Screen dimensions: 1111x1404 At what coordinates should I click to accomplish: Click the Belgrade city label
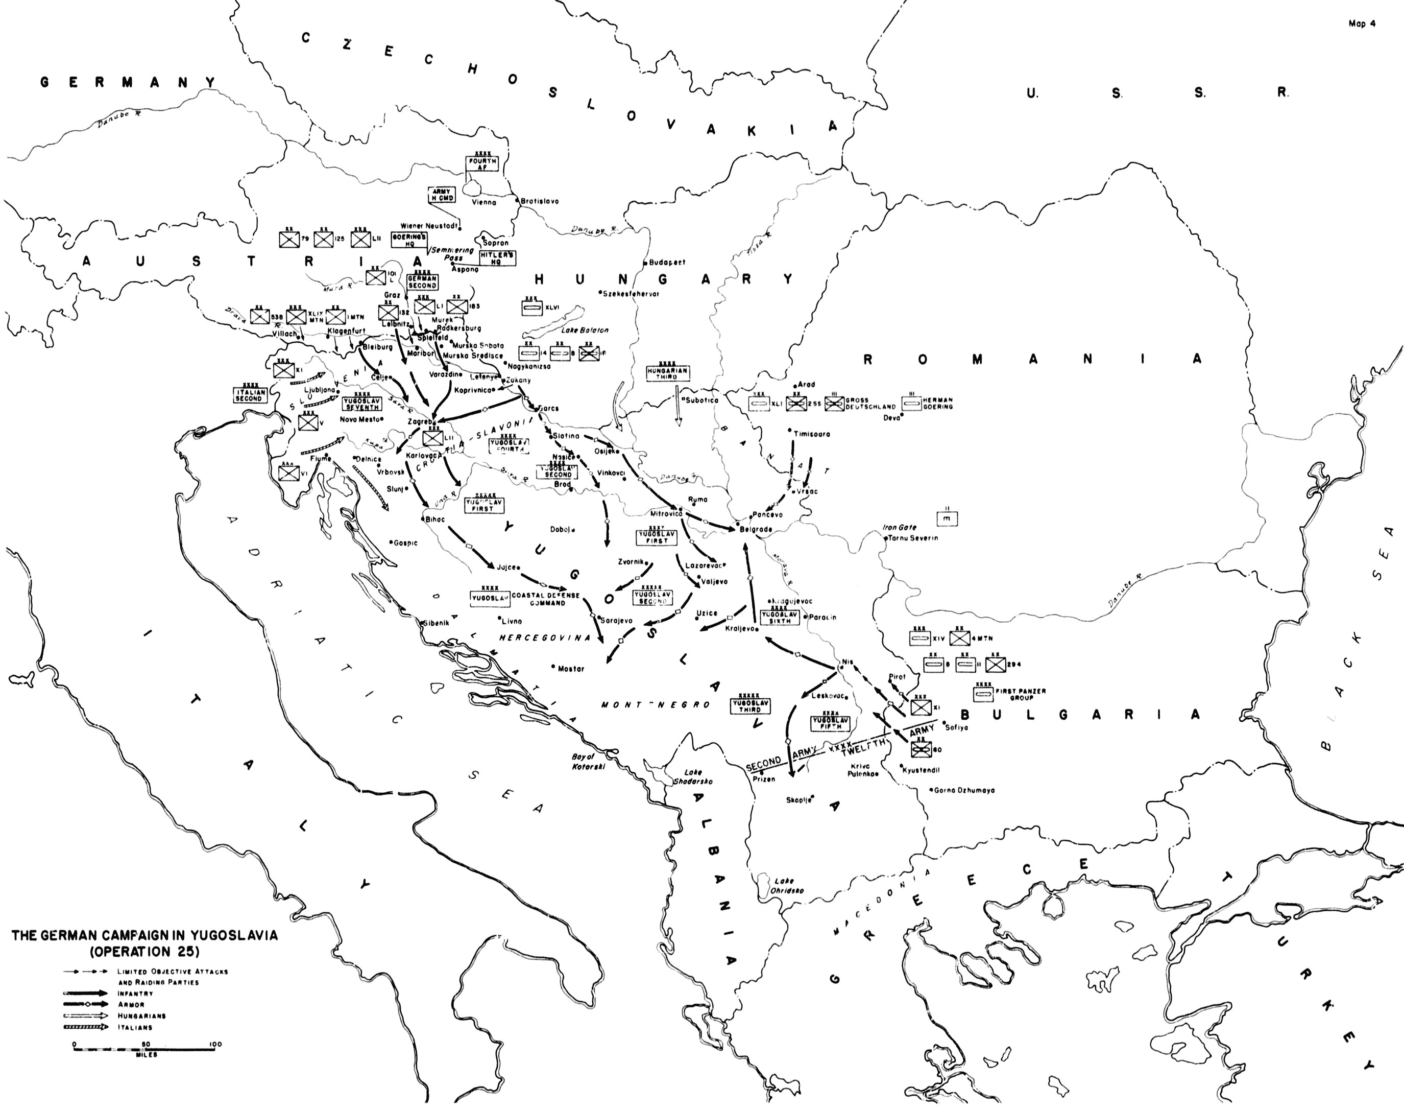pos(757,530)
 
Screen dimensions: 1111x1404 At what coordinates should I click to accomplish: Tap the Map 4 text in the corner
pos(1362,23)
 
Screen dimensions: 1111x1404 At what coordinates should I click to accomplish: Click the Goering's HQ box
pos(408,240)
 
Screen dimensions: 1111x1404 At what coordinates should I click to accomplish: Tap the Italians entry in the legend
pos(135,1028)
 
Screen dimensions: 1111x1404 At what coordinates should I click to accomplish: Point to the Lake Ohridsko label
pos(785,886)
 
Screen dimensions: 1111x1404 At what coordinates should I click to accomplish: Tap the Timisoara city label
pos(812,433)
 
